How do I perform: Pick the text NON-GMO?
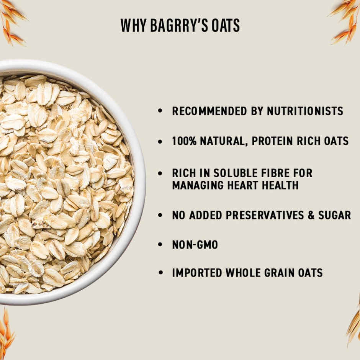tap(195, 245)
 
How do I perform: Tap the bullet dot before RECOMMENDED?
tap(160, 111)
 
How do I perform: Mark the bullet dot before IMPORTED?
tap(160, 273)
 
